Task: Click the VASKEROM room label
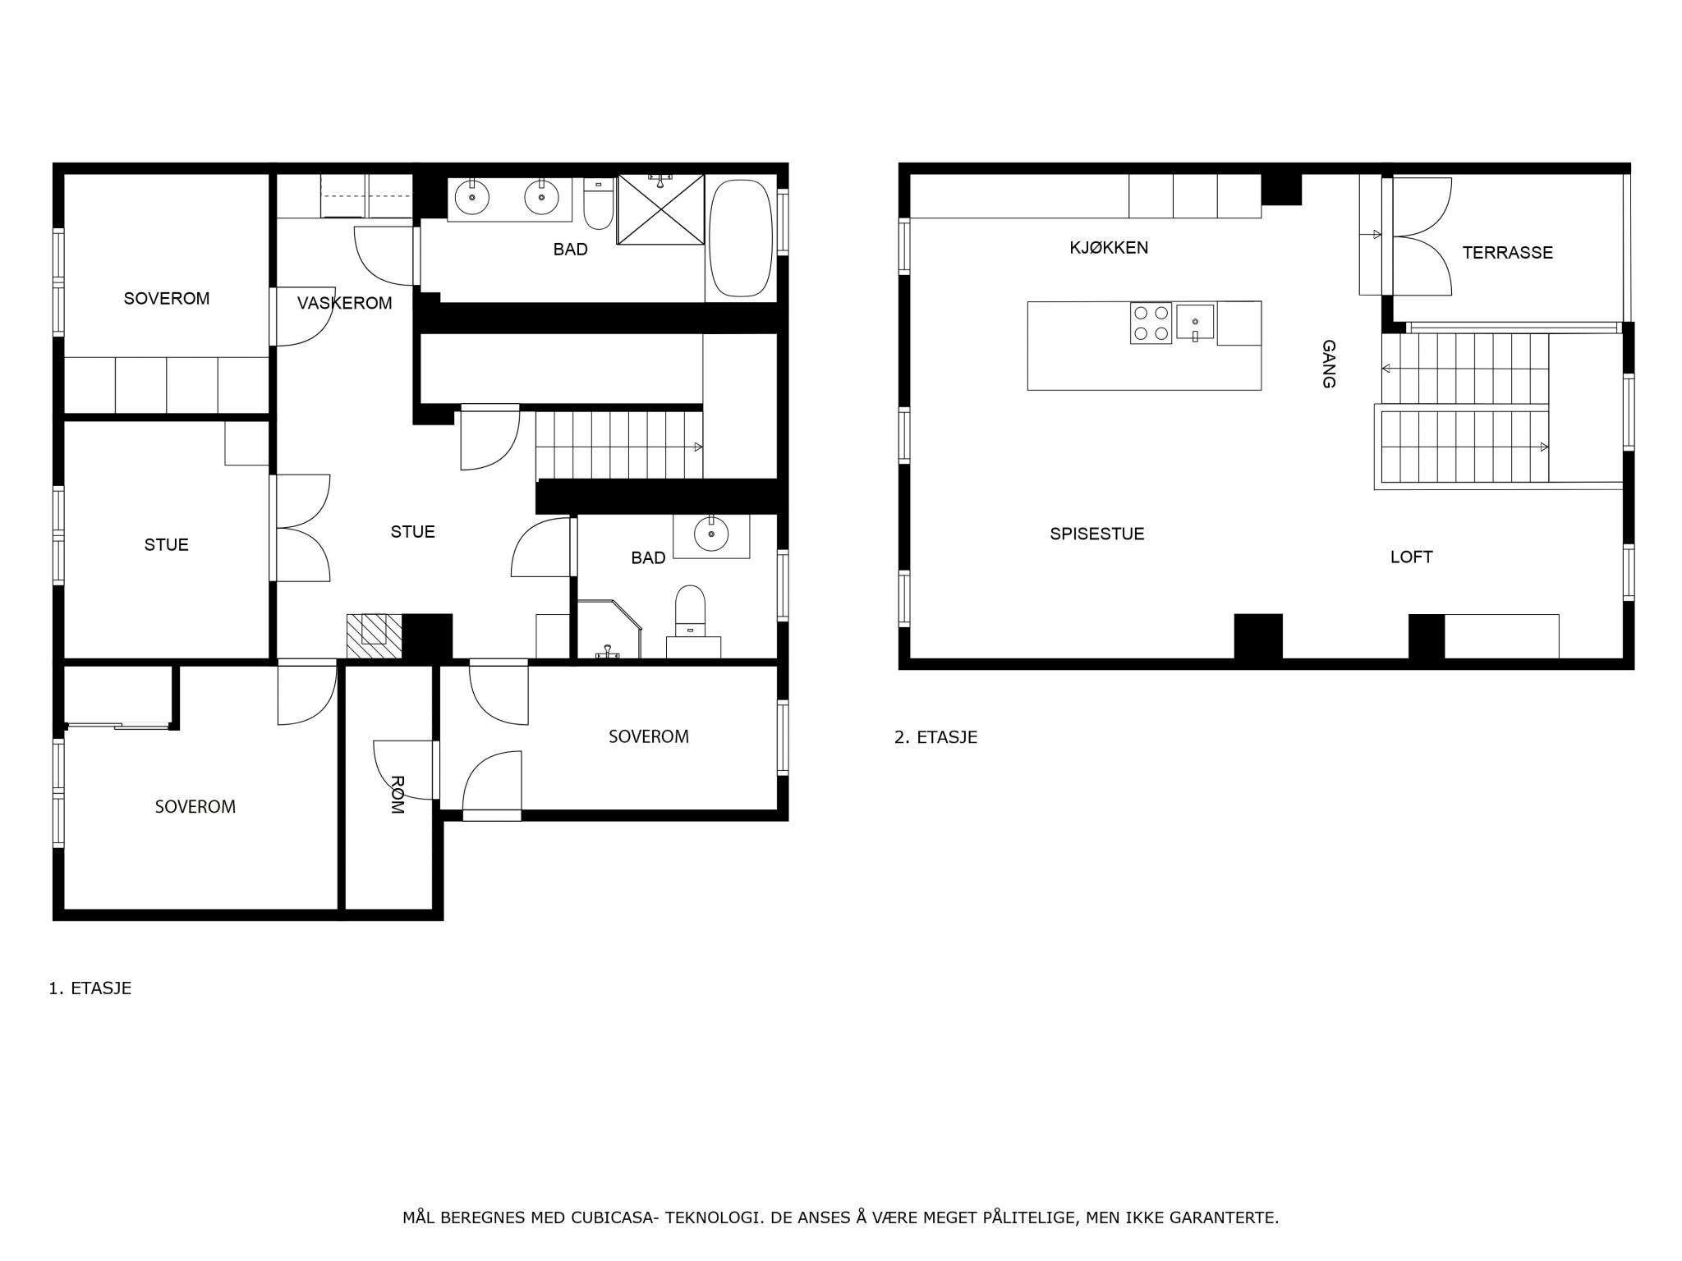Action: coord(344,303)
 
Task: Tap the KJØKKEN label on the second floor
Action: coord(1109,247)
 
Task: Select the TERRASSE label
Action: coord(1507,253)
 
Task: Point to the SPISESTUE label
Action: coord(1096,534)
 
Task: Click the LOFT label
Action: coord(1411,557)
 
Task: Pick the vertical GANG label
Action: coord(1329,364)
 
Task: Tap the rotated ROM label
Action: coord(397,794)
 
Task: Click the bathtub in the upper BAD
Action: coord(741,238)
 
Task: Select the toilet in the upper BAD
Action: coord(598,204)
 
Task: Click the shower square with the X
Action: coord(660,209)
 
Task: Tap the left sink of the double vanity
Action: coord(471,197)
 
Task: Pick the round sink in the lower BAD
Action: coord(711,535)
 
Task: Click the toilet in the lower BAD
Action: coord(690,612)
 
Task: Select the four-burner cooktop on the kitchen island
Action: coord(1151,323)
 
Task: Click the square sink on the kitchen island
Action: coord(1195,322)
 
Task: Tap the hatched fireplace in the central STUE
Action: coord(374,636)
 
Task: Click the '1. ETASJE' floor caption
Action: coord(90,988)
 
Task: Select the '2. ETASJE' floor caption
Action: coord(935,737)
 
